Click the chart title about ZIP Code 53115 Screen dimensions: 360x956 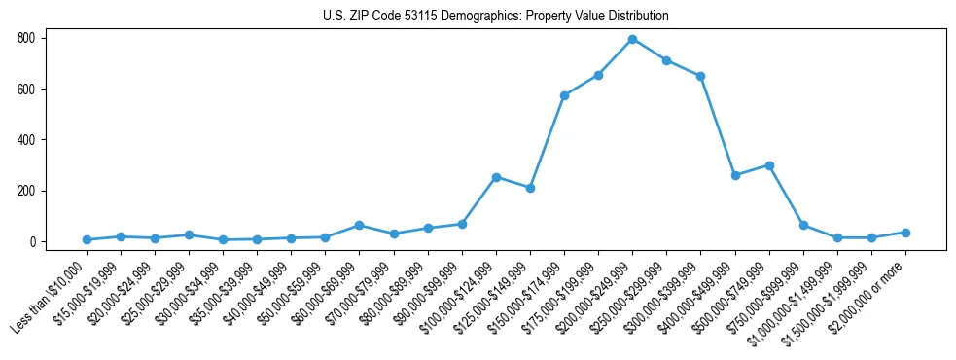click(x=495, y=17)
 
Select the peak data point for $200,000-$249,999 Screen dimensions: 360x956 click(x=632, y=39)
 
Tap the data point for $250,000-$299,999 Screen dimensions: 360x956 click(x=666, y=60)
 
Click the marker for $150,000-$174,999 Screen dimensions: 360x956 click(x=564, y=95)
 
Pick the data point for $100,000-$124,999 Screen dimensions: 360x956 click(x=496, y=177)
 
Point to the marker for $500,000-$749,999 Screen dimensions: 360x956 click(x=769, y=165)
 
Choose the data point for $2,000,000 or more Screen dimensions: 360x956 click(x=905, y=233)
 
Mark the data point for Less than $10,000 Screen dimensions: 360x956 click(x=87, y=239)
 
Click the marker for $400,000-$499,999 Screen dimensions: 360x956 click(x=735, y=175)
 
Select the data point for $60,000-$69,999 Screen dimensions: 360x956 click(x=360, y=225)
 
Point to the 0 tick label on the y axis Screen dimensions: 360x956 click(x=33, y=241)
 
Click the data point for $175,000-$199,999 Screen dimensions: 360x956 click(x=598, y=75)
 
